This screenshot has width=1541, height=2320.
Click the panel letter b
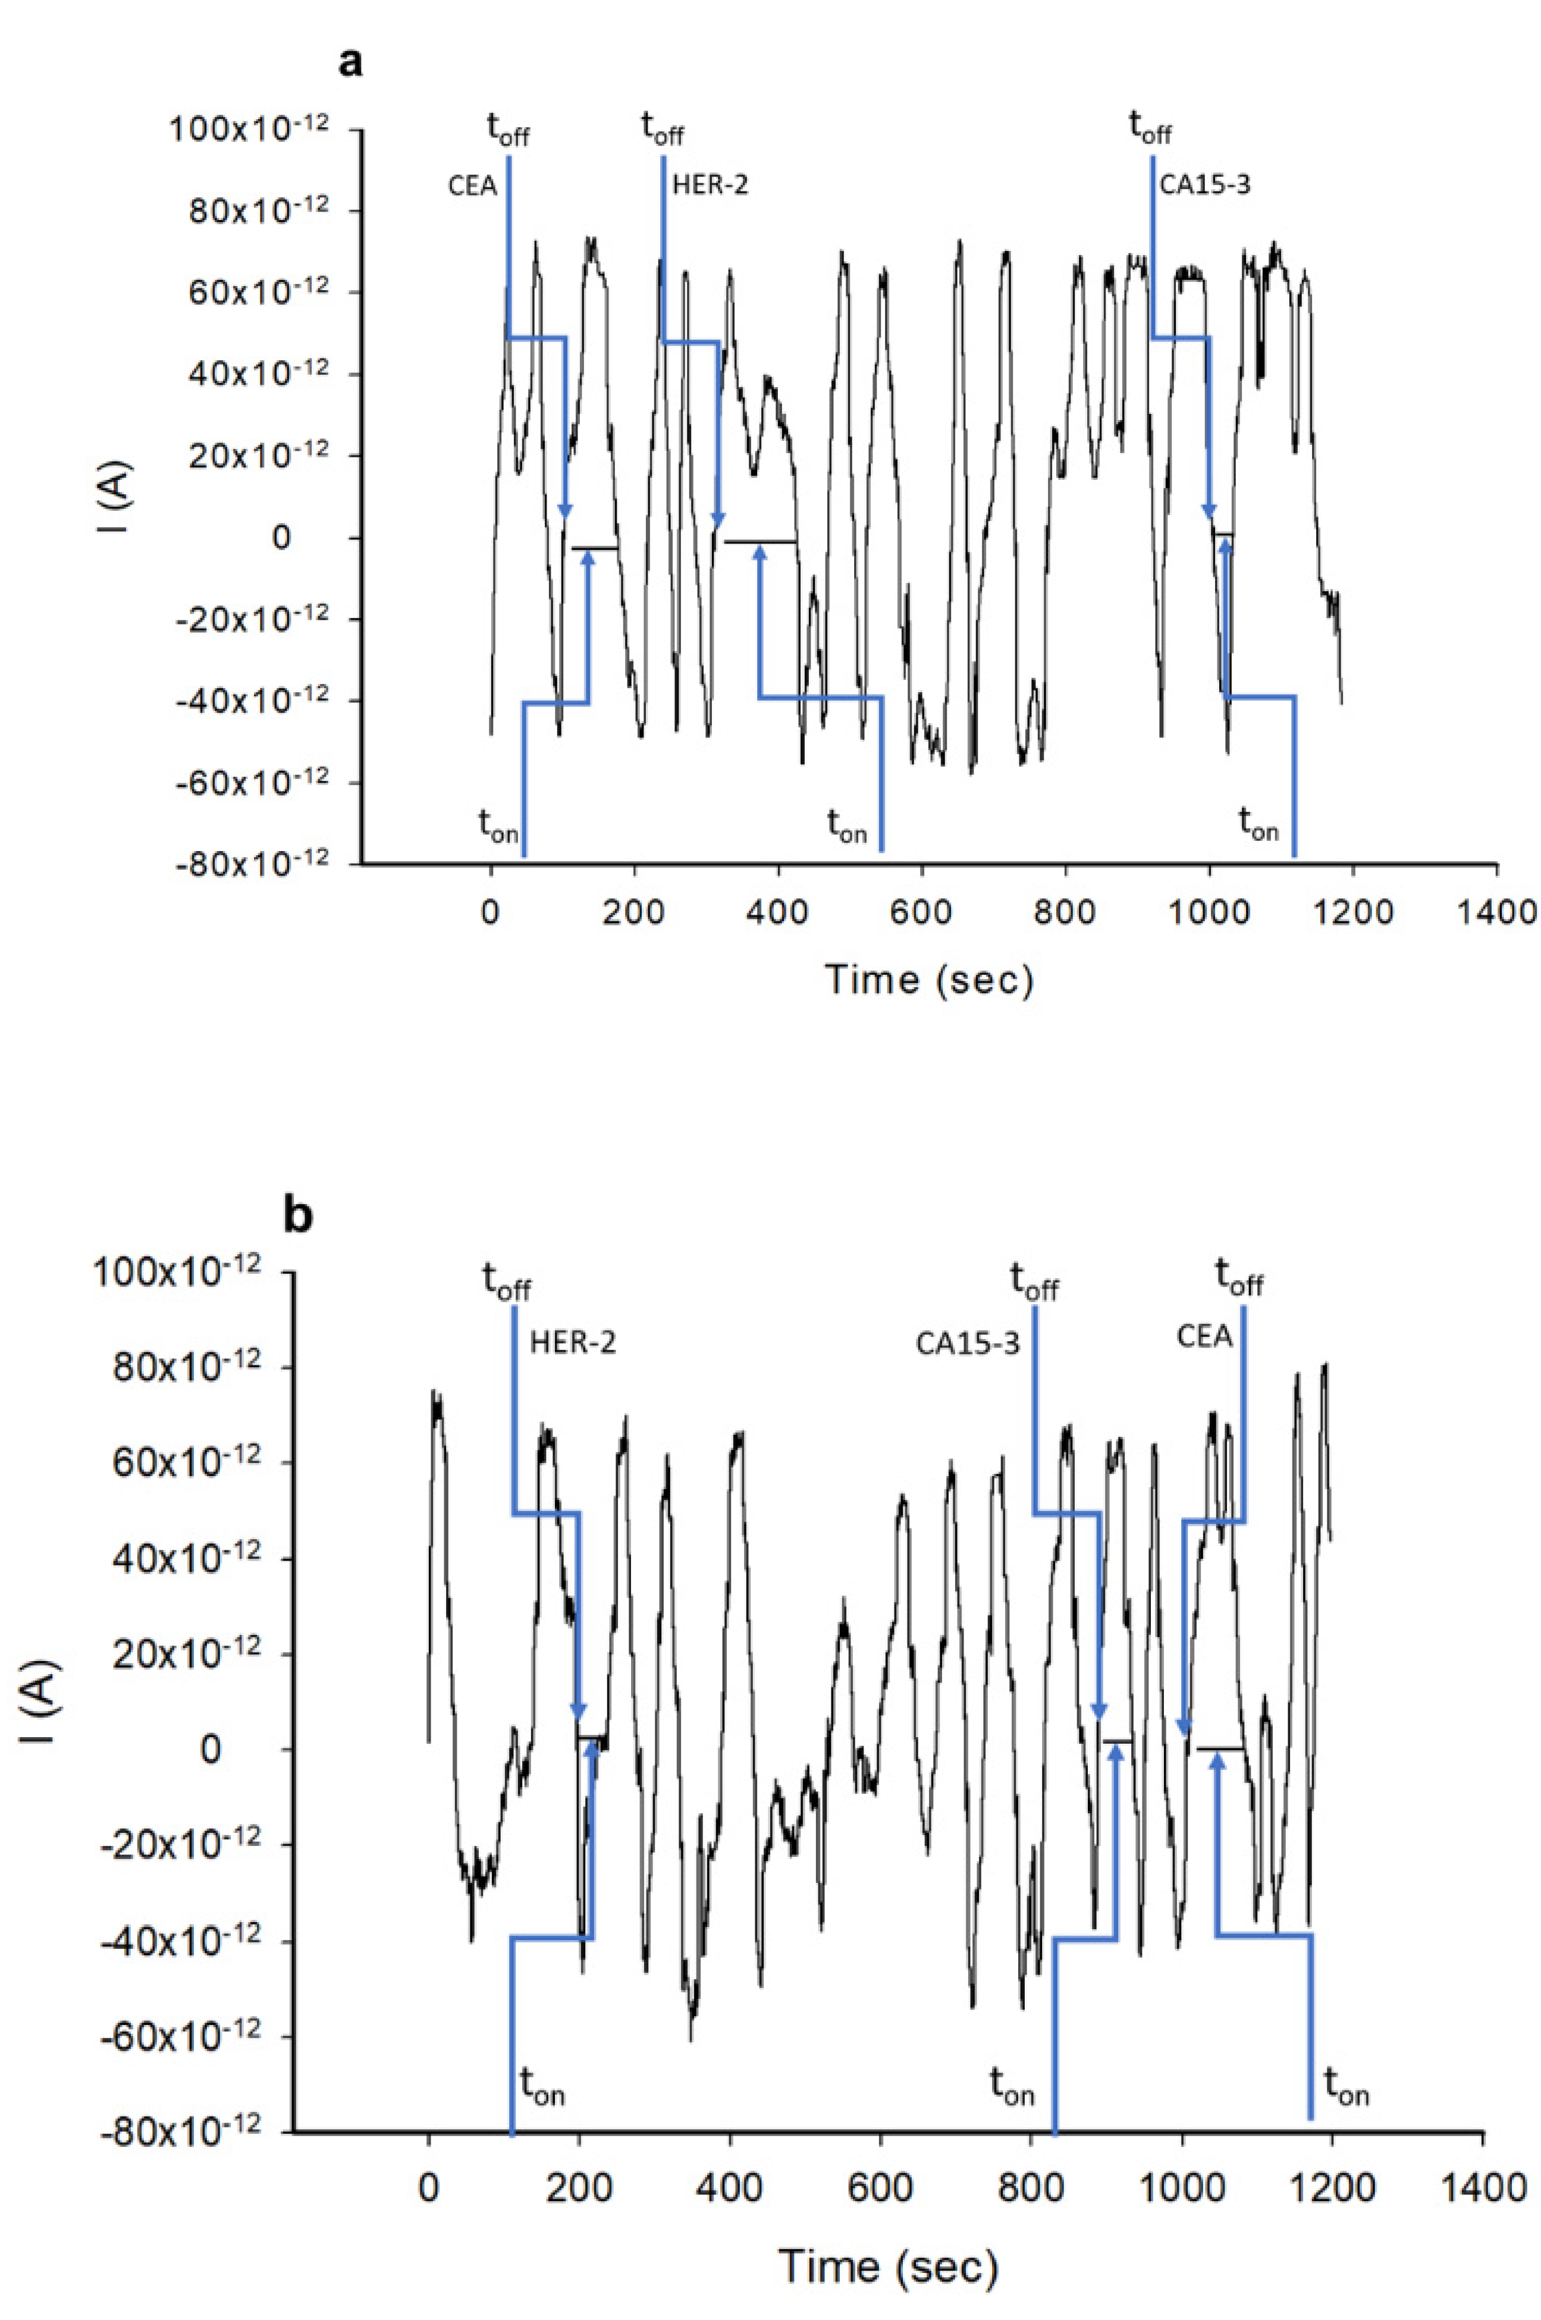pyautogui.click(x=298, y=1217)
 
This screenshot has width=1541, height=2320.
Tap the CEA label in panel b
pyautogui.click(x=1205, y=1338)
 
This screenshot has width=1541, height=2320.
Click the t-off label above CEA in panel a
pyautogui.click(x=508, y=128)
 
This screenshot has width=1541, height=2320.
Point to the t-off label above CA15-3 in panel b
pyautogui.click(x=1035, y=1282)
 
